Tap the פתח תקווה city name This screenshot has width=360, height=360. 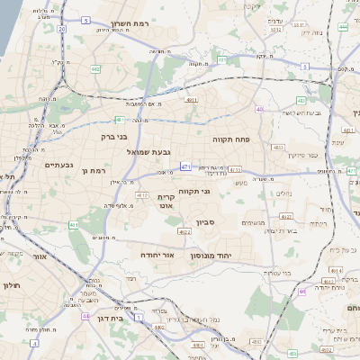[x=229, y=140]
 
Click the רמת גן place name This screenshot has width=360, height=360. [x=94, y=170]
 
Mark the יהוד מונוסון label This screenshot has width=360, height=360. [x=211, y=255]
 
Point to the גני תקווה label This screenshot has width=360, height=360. [x=194, y=191]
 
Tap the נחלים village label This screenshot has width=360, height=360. [x=284, y=193]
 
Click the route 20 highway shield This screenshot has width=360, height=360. [x=61, y=29]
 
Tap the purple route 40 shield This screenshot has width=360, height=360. [x=259, y=110]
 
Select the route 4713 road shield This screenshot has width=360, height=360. [x=234, y=168]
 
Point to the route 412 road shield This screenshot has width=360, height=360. [x=141, y=194]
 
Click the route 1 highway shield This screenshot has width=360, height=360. [x=139, y=317]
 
